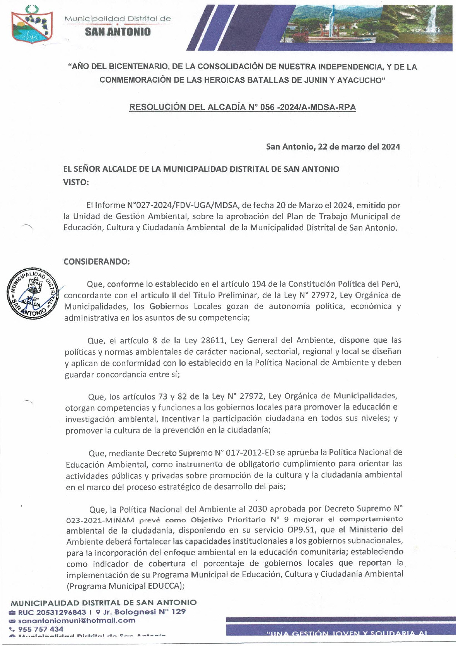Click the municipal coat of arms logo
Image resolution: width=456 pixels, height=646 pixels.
tap(32, 25)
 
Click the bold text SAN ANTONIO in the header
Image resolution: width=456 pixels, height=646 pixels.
tap(118, 32)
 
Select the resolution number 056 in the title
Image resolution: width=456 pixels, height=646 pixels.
tap(267, 107)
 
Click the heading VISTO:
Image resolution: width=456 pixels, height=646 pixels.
tap(76, 182)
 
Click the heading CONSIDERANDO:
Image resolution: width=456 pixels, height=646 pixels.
tap(97, 262)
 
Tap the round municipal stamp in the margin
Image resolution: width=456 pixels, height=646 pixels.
tap(32, 293)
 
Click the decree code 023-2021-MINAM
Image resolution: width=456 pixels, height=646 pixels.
tap(101, 520)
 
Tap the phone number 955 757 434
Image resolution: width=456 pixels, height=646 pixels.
tap(41, 629)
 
